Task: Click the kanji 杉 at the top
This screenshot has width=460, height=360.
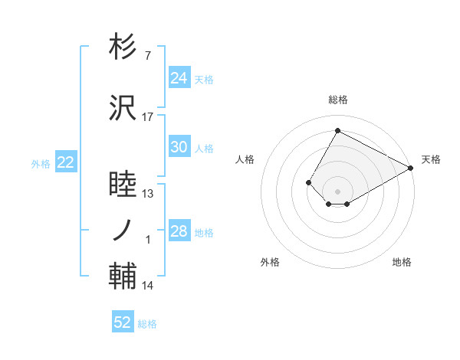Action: [123, 47]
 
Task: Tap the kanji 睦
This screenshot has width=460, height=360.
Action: [123, 185]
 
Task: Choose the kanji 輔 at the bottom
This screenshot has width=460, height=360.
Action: [123, 276]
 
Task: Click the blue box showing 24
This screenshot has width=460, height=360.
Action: [179, 77]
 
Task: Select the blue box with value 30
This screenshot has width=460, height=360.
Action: [179, 147]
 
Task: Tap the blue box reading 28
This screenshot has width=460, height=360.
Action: [179, 231]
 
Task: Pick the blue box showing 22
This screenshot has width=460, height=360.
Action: [65, 162]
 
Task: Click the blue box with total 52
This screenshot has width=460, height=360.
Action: [123, 322]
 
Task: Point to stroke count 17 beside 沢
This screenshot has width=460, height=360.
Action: [148, 116]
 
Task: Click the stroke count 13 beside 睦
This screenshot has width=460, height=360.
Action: [148, 194]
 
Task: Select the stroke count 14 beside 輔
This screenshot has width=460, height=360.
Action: [148, 286]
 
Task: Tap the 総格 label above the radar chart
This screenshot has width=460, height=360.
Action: [337, 100]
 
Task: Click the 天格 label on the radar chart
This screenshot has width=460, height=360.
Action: [431, 159]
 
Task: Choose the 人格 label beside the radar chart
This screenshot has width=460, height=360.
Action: [245, 159]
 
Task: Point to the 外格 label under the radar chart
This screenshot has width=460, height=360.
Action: [270, 262]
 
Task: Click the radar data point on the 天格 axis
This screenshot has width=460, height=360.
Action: [411, 168]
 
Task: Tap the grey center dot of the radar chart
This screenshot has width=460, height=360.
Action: [337, 191]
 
